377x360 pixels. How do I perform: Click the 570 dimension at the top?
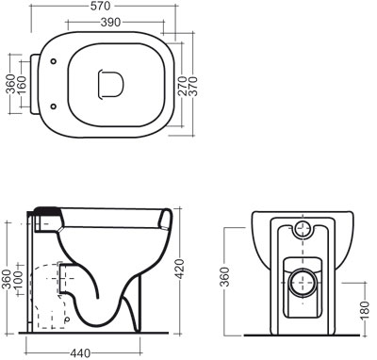click(x=100, y=6)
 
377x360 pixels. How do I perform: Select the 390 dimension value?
click(x=110, y=23)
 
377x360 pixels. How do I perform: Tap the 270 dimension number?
click(x=183, y=86)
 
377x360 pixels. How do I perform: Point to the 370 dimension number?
click(x=193, y=86)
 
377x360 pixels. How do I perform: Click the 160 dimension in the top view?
click(x=22, y=84)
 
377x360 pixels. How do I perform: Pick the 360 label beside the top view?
click(x=11, y=84)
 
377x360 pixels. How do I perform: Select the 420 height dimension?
click(x=179, y=269)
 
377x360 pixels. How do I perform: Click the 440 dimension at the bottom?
click(x=80, y=353)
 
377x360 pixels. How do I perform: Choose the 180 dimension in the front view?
click(x=364, y=310)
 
